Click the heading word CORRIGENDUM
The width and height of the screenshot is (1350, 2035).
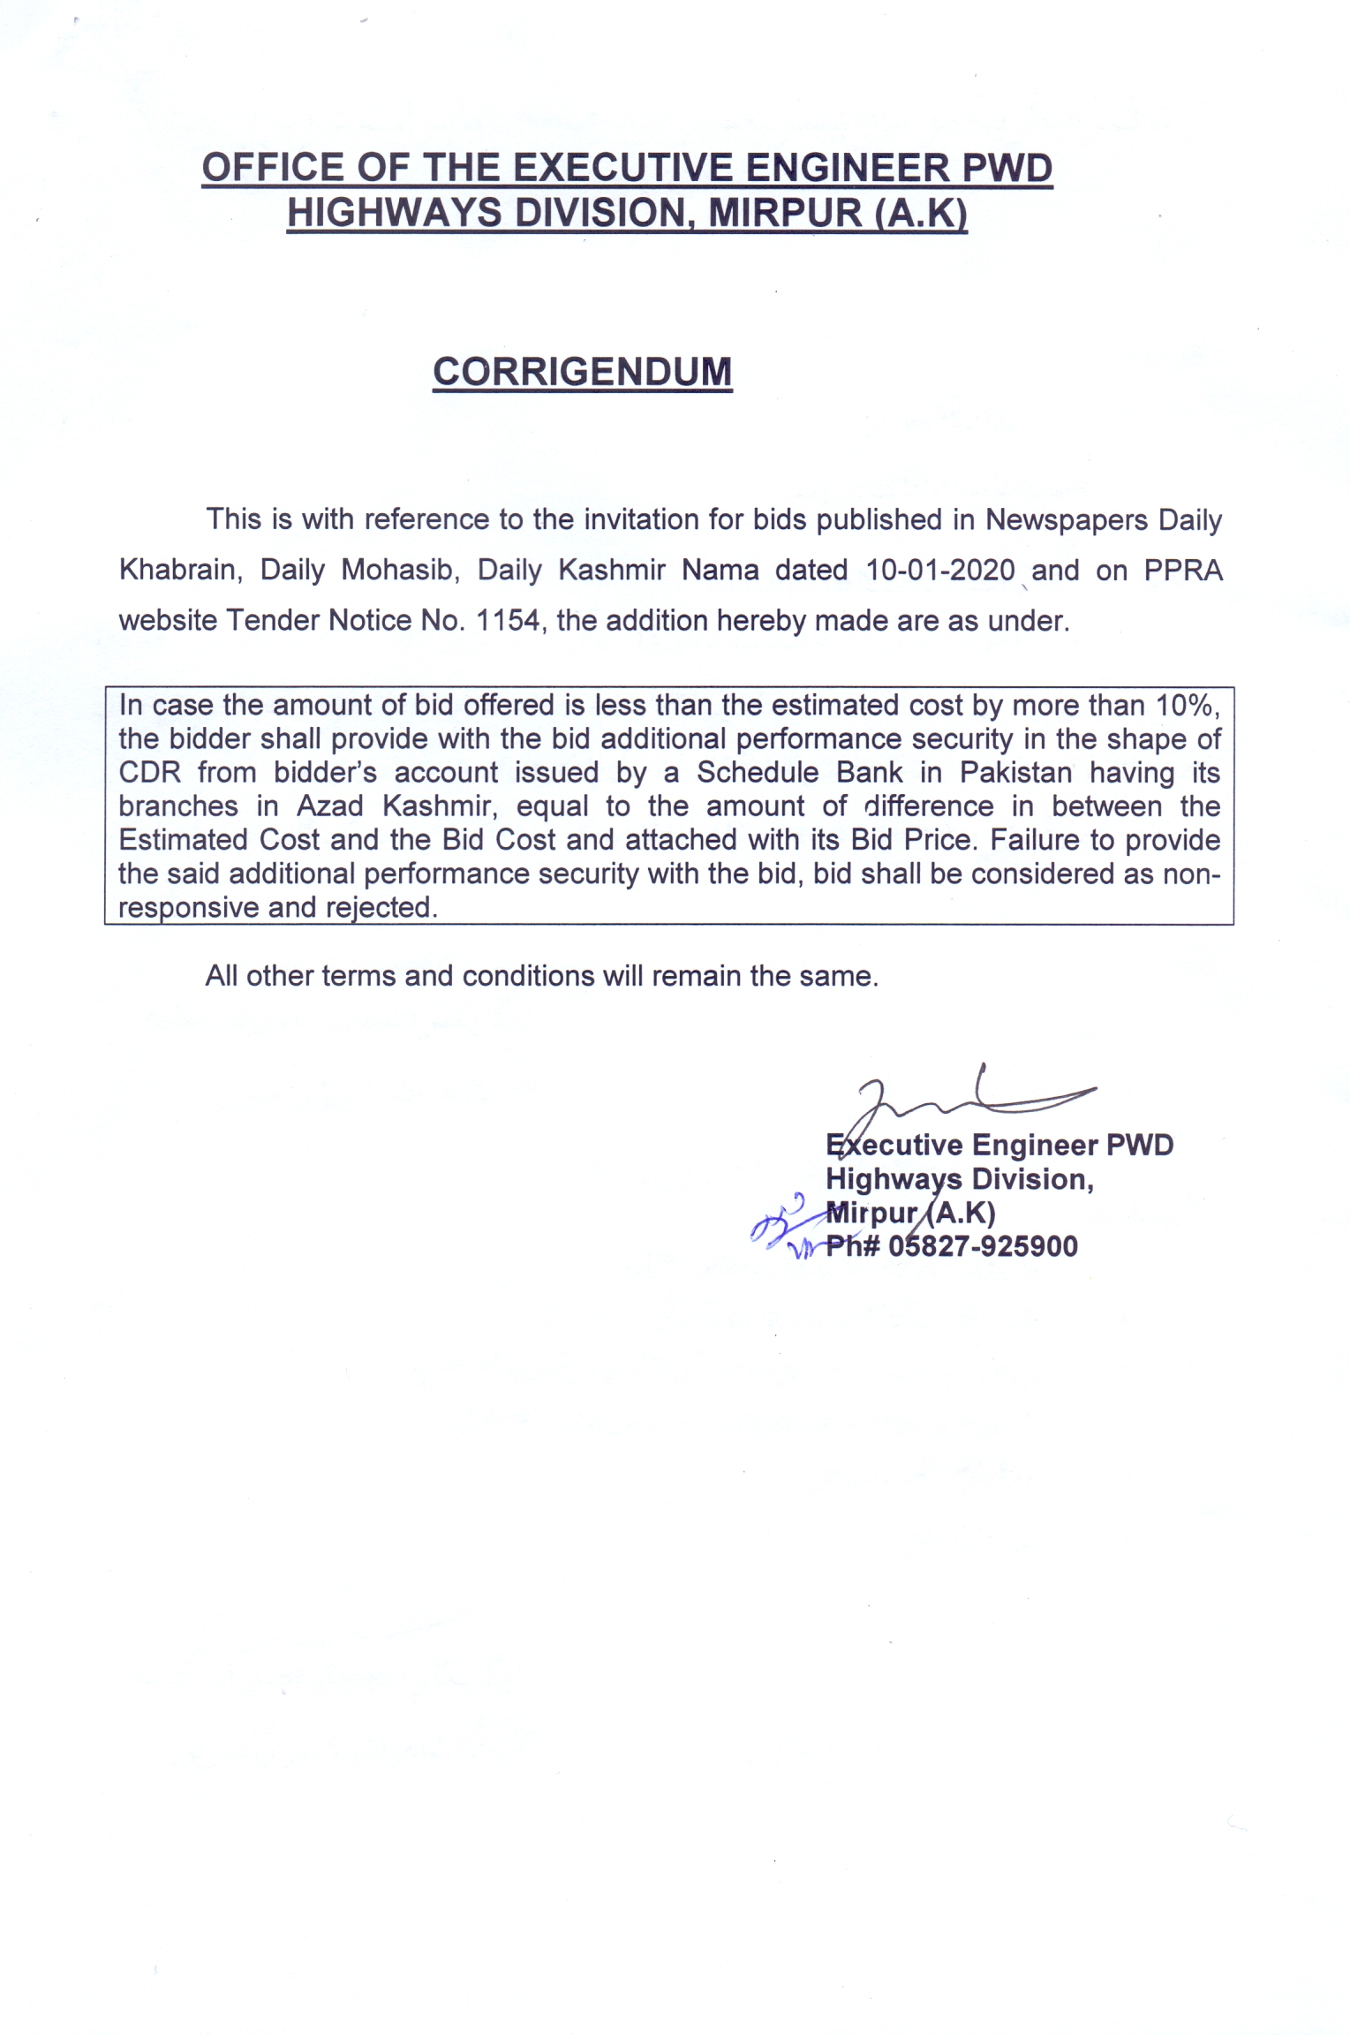[582, 372]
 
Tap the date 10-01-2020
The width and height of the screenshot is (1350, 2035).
[940, 571]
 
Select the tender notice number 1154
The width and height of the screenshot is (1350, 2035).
[508, 621]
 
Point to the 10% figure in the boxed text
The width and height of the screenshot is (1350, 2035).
[1187, 705]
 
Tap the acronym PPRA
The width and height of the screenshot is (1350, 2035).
[1183, 571]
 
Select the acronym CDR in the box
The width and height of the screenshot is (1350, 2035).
[150, 773]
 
